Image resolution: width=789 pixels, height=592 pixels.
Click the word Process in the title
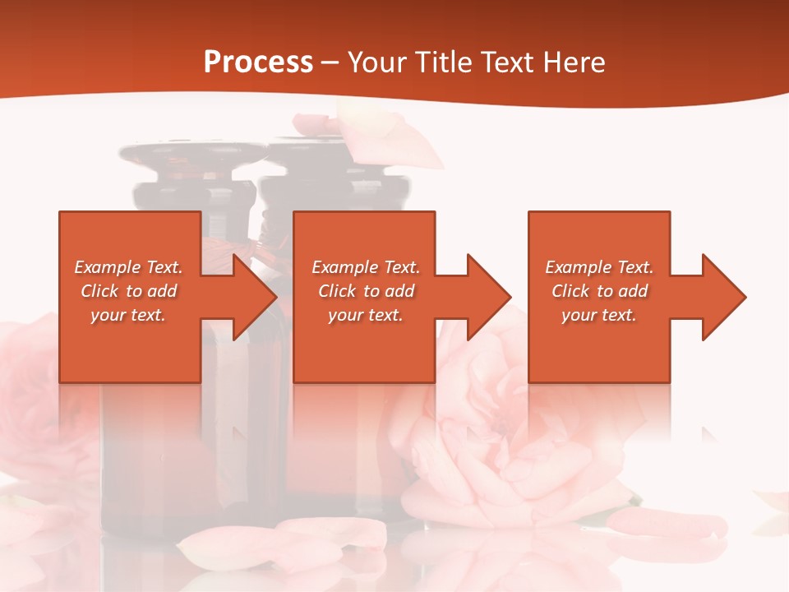click(x=258, y=62)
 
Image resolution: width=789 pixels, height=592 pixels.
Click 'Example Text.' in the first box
click(x=128, y=267)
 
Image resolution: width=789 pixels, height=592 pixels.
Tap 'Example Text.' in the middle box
click(x=366, y=267)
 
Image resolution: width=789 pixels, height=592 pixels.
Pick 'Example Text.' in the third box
click(x=599, y=267)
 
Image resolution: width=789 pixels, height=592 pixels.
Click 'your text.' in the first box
click(x=128, y=315)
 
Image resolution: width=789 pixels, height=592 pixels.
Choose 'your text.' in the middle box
click(x=366, y=315)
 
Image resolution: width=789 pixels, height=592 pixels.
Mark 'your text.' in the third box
click(x=599, y=315)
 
